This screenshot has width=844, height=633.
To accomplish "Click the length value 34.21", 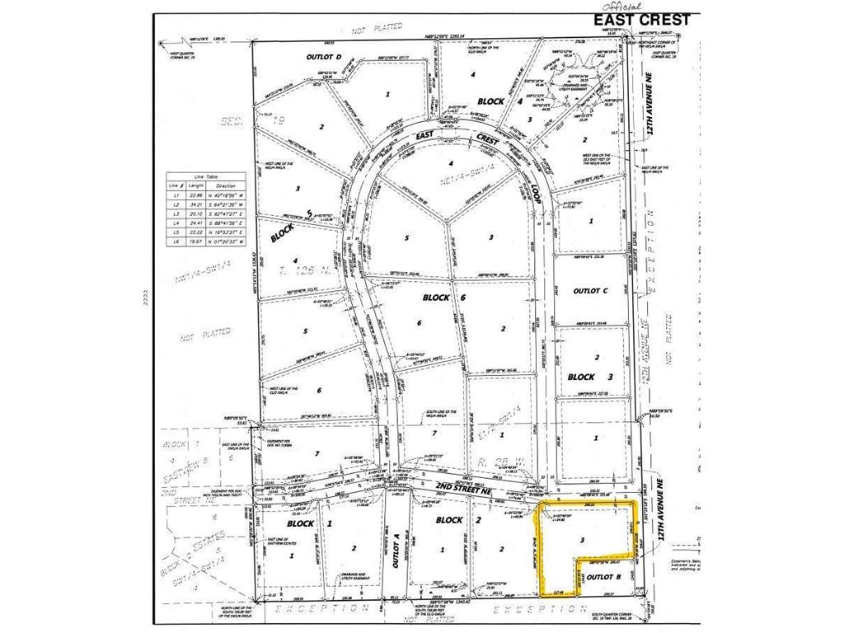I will click(x=195, y=204).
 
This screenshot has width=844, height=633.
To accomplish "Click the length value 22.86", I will click(x=195, y=195).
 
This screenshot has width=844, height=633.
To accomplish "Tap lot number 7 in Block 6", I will click(x=434, y=432).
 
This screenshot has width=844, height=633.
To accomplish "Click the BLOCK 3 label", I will click(x=581, y=377).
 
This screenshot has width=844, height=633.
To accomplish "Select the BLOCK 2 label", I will click(x=449, y=520).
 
